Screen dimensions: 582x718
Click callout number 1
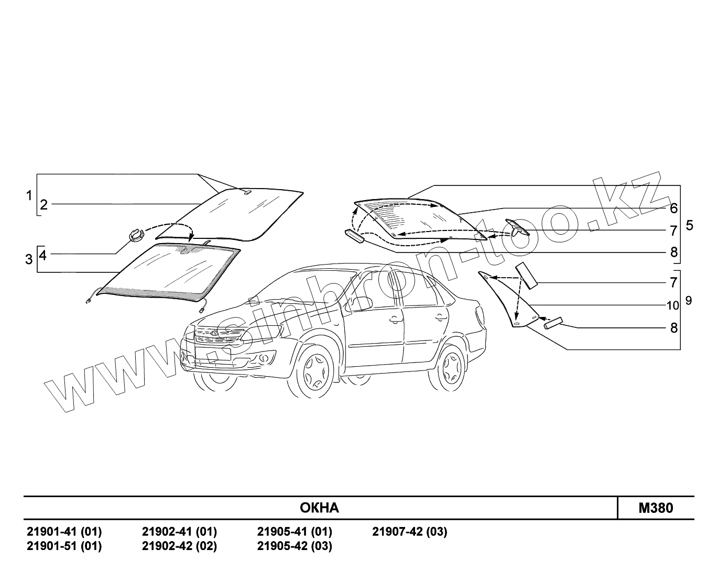[29, 195]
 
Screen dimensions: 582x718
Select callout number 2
[44, 204]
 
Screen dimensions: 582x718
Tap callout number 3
[29, 259]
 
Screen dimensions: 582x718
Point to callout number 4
[43, 255]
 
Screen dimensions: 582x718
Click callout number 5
[689, 225]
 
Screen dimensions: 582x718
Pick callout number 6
[673, 208]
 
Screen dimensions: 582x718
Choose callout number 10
[673, 305]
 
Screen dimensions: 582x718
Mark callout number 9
[688, 301]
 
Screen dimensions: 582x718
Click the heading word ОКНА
[319, 508]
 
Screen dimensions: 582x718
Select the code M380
[656, 508]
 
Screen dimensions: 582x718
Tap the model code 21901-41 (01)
[64, 532]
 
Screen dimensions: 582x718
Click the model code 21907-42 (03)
[410, 532]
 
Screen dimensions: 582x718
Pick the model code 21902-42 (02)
[179, 546]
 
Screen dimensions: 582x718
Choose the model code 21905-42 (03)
[295, 546]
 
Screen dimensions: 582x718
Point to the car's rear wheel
[450, 366]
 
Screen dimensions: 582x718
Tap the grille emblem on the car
[213, 334]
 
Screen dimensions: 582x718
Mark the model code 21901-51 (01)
[64, 546]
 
